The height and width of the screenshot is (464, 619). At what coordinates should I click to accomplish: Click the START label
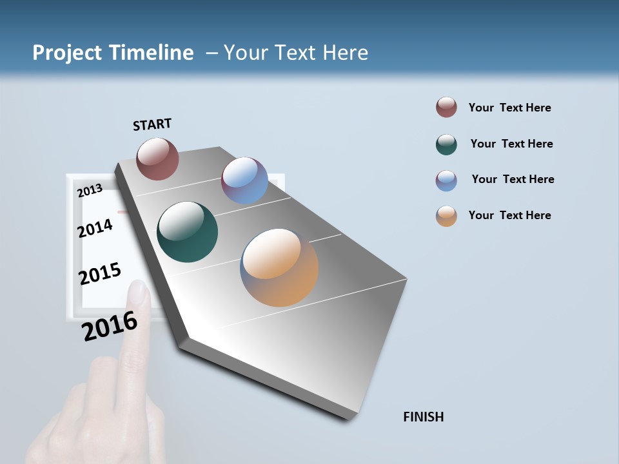(x=152, y=124)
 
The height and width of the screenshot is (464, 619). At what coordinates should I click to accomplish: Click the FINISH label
(x=423, y=417)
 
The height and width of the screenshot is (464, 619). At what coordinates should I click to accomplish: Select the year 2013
(x=90, y=190)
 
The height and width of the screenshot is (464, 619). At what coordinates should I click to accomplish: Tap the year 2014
(x=95, y=228)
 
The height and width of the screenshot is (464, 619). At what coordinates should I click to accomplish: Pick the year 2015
(x=100, y=274)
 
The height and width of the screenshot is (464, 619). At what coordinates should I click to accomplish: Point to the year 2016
(x=110, y=326)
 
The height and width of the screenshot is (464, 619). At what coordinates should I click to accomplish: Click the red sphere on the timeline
(x=157, y=159)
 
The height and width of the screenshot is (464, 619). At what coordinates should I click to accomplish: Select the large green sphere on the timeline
(x=187, y=232)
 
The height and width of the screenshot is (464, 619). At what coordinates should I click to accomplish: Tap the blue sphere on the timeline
(x=244, y=180)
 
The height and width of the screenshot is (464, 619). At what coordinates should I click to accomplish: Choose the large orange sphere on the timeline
(x=279, y=267)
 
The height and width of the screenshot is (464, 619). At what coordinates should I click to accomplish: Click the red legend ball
(x=446, y=107)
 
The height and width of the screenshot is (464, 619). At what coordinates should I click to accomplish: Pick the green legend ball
(x=446, y=144)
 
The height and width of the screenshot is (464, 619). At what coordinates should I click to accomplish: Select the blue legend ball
(x=446, y=180)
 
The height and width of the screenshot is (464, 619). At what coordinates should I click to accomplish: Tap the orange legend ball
(x=446, y=216)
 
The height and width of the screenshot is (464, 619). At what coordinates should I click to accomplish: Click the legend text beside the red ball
(x=509, y=108)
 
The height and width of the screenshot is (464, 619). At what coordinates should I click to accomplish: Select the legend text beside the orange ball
(x=509, y=215)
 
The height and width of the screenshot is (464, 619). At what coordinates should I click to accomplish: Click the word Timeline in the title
(x=152, y=53)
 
